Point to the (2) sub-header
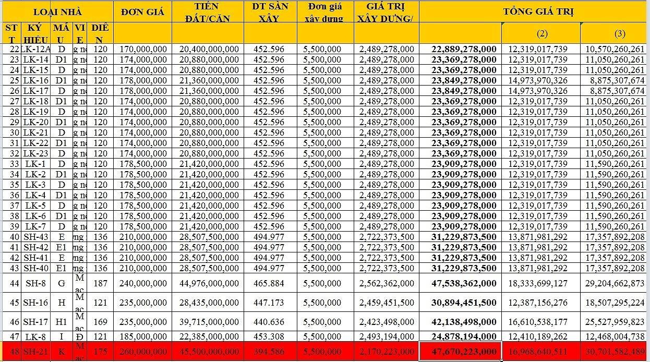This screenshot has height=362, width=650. point(541,33)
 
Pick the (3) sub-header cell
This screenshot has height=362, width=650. point(619,33)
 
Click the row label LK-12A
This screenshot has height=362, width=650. point(37,49)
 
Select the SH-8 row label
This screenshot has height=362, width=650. point(37,283)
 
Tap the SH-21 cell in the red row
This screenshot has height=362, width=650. point(37,352)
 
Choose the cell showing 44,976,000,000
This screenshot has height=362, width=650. point(209,283)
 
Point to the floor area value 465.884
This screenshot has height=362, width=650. point(269,283)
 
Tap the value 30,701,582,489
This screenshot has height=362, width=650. point(615,352)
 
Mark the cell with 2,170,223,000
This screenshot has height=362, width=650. point(387,352)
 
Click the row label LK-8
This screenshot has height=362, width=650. point(37,336)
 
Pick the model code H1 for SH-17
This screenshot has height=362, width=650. point(62,322)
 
